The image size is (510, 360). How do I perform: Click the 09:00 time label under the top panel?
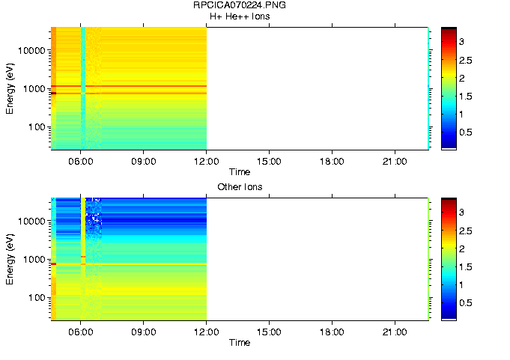(143, 160)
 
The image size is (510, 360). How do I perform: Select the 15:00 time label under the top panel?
(269, 160)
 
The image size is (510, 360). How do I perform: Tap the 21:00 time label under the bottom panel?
(395, 332)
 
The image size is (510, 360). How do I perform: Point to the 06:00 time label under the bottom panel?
(80, 332)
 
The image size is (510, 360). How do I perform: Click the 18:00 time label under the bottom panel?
(332, 332)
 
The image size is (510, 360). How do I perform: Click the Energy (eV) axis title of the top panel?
(10, 88)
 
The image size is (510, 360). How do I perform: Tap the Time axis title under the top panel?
(240, 171)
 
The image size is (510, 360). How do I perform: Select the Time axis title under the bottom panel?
(240, 343)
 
